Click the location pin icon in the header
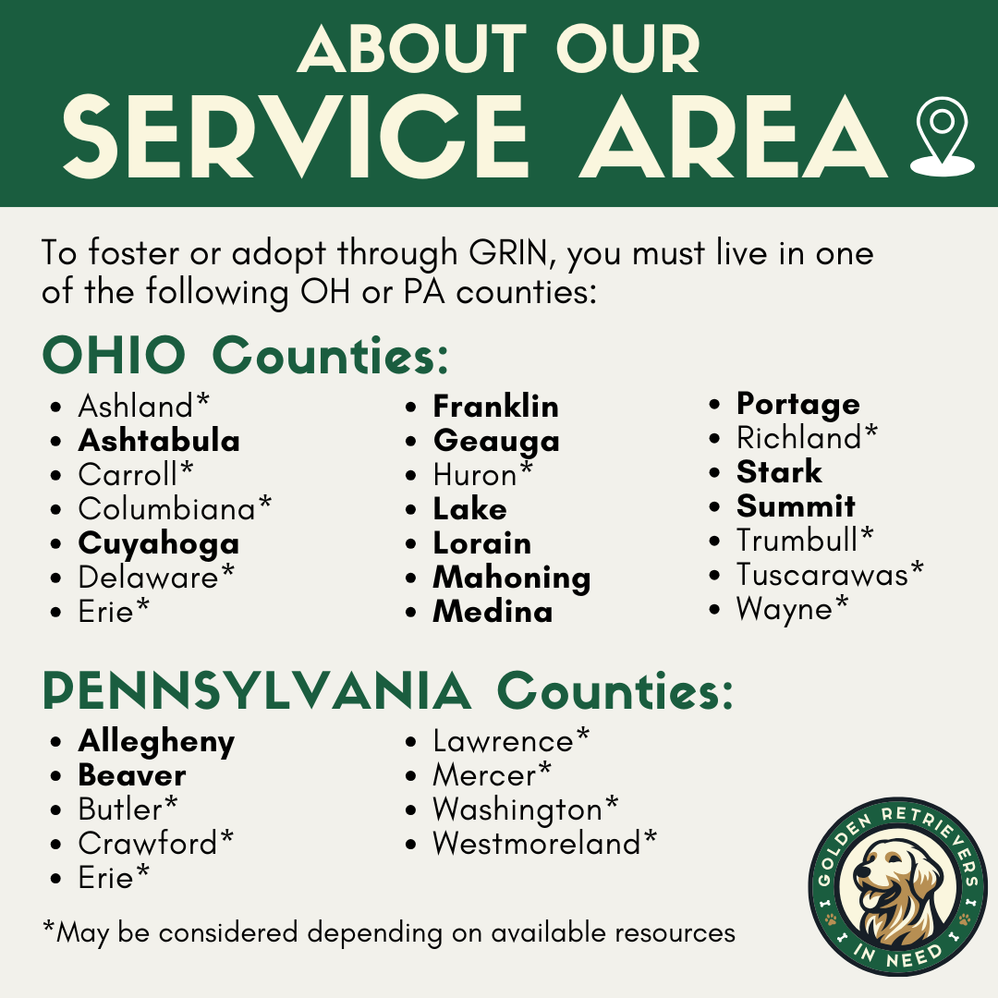point(942,136)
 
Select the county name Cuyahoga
point(159,543)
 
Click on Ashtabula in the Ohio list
point(159,441)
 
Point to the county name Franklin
point(496,407)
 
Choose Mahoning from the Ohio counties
point(512,578)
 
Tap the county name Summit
point(796,506)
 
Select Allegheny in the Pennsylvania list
point(156,742)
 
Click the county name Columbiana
point(166,508)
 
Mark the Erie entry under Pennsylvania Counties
point(106,877)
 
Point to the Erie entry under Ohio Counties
point(106,611)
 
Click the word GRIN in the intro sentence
point(508,253)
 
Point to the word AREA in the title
point(736,137)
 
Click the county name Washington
point(517,809)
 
